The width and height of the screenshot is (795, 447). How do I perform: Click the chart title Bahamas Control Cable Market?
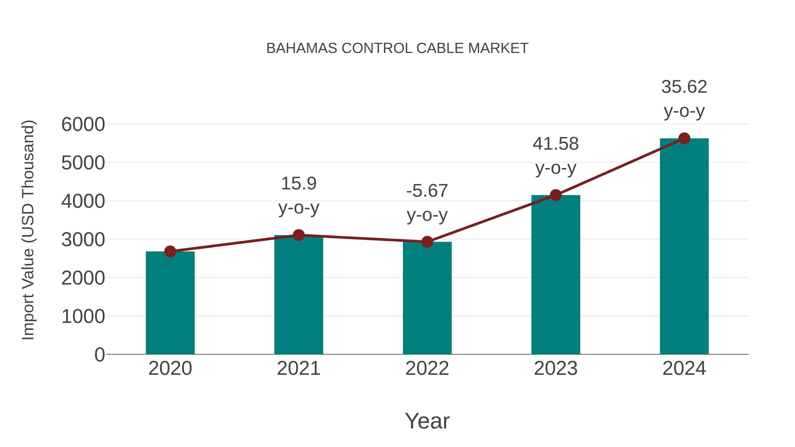click(x=397, y=48)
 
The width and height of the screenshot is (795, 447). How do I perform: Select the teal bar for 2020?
click(x=170, y=304)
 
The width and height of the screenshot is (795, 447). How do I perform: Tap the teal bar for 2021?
click(x=298, y=296)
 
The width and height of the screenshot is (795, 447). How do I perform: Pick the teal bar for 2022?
click(x=427, y=299)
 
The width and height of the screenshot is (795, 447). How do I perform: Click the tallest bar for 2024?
click(x=684, y=247)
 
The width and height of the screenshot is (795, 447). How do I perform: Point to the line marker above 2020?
click(x=170, y=251)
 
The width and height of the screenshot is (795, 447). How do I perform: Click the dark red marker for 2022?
click(x=427, y=242)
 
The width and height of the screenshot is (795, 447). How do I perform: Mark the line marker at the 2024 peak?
click(x=684, y=138)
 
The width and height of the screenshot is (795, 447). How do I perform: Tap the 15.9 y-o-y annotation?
click(x=298, y=195)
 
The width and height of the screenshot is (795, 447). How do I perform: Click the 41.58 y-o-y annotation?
click(x=556, y=156)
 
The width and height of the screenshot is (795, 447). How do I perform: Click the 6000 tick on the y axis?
click(x=83, y=125)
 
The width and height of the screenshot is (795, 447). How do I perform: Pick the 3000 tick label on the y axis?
click(x=83, y=240)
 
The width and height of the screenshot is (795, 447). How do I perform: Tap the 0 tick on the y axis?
click(x=99, y=355)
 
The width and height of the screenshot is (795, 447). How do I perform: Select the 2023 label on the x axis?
click(x=556, y=368)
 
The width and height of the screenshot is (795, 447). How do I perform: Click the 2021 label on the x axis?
click(x=298, y=368)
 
